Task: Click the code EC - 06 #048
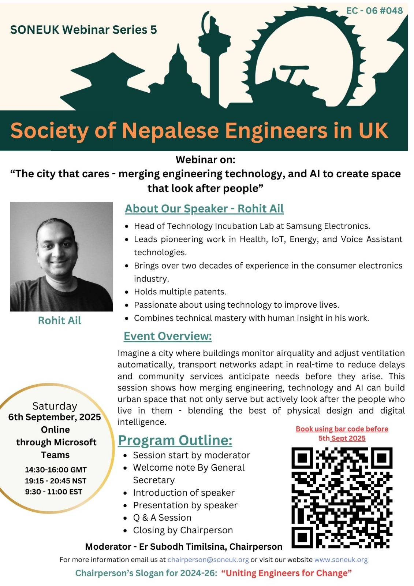pyautogui.click(x=374, y=11)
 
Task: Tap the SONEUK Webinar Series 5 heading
pyautogui.click(x=83, y=30)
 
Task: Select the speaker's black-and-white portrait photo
pyautogui.click(x=61, y=256)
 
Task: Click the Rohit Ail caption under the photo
pyautogui.click(x=60, y=320)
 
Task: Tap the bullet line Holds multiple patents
pyautogui.click(x=180, y=292)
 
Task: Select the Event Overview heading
pyautogui.click(x=168, y=336)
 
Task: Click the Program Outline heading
pyautogui.click(x=175, y=440)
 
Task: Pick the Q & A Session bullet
pyautogui.click(x=162, y=518)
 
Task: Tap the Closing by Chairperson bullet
pyautogui.click(x=183, y=530)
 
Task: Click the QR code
pyautogui.click(x=342, y=497)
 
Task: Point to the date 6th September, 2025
pyautogui.click(x=55, y=417)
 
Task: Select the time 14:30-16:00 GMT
pyautogui.click(x=56, y=470)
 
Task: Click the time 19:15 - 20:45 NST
pyautogui.click(x=56, y=481)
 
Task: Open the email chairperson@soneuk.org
pyautogui.click(x=208, y=560)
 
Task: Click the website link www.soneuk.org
pyautogui.click(x=341, y=560)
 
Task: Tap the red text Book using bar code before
pyautogui.click(x=342, y=429)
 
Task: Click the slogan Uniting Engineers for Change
pyautogui.click(x=287, y=573)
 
